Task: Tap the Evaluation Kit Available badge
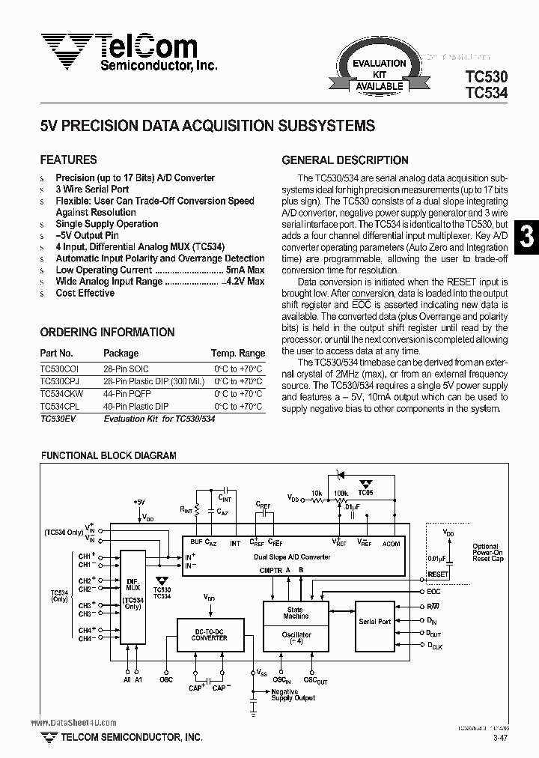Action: click(380, 74)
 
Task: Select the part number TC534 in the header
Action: click(486, 93)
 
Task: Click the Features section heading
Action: click(68, 160)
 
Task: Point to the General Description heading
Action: click(344, 160)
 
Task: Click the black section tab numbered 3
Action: click(527, 237)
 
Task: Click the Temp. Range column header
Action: click(238, 354)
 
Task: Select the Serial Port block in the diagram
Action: click(374, 622)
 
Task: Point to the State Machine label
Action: click(296, 613)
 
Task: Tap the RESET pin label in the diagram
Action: click(438, 574)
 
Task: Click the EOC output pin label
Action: click(434, 592)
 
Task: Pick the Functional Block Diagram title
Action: click(108, 455)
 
